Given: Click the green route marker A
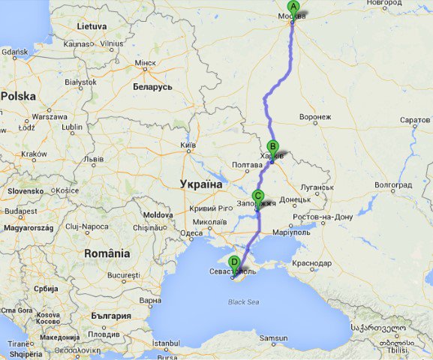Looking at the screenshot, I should point(293,7).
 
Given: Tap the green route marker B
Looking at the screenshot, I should point(272,147).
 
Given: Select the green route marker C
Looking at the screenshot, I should point(258,196).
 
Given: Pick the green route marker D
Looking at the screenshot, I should point(234,262).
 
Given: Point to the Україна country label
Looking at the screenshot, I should point(201,184).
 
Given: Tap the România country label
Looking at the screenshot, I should point(107,253).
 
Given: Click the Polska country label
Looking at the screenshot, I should point(19,96).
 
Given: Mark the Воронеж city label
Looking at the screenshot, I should point(315,117).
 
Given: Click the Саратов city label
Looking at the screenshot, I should point(415,120).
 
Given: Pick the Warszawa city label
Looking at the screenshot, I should point(50,117).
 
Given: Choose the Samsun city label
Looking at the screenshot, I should point(273,338).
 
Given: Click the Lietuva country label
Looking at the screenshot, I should point(92,25).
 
